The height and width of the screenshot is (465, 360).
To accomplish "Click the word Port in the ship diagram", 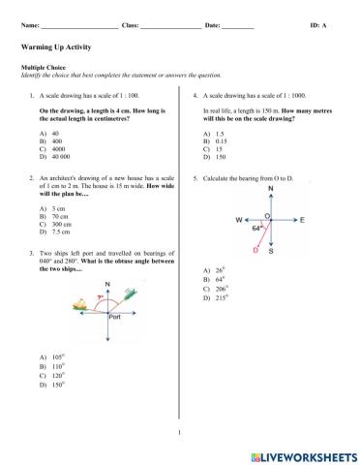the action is point(115,316).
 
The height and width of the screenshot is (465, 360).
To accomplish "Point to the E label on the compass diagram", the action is point(302,221).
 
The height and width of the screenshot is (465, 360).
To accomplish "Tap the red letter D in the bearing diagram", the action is point(255,250).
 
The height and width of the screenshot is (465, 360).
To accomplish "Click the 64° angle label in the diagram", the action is point(256,230).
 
